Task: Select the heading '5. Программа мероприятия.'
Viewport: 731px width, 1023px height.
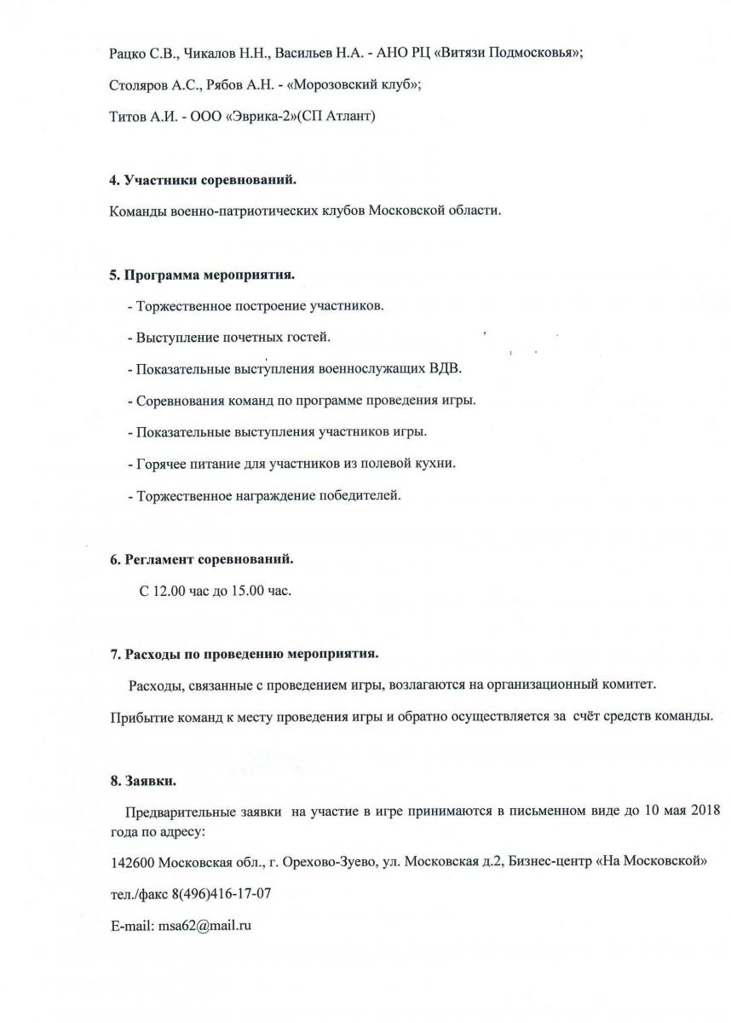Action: point(203,275)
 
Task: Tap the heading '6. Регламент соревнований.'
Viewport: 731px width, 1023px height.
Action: point(202,560)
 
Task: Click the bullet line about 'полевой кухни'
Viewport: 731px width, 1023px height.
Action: point(291,464)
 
